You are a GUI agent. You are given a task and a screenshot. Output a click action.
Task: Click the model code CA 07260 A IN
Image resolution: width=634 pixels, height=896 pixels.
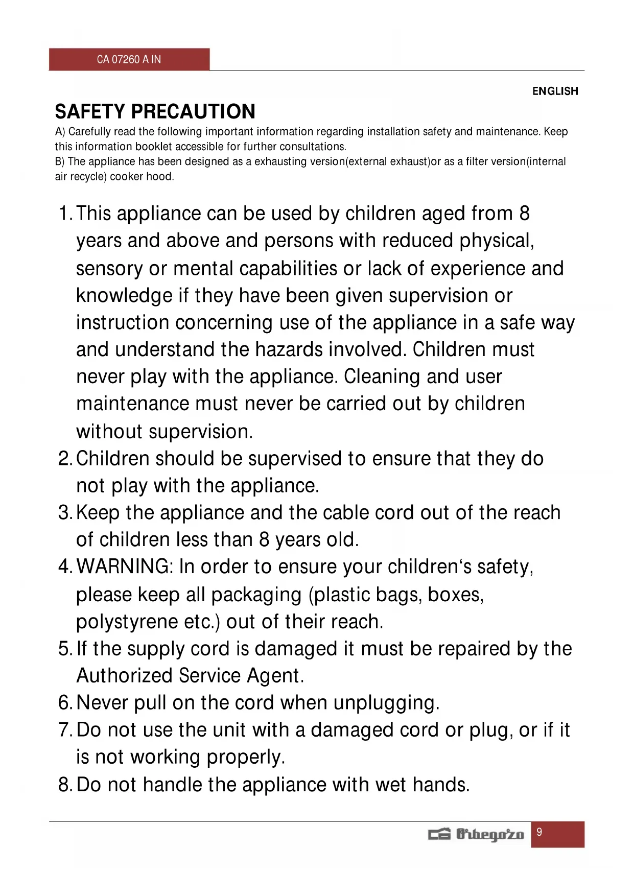pyautogui.click(x=129, y=59)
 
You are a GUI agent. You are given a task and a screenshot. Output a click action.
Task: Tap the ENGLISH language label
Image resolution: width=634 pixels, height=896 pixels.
pyautogui.click(x=555, y=91)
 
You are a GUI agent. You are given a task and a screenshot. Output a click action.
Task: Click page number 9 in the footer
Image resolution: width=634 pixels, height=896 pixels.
pyautogui.click(x=539, y=832)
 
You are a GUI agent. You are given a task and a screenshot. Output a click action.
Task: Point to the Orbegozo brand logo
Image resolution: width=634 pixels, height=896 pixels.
pyautogui.click(x=476, y=834)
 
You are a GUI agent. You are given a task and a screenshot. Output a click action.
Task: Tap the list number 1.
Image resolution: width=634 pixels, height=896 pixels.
pyautogui.click(x=64, y=214)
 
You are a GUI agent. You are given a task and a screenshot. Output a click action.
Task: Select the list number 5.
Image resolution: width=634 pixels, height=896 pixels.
pyautogui.click(x=64, y=649)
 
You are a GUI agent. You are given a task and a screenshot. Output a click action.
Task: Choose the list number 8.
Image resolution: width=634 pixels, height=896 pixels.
pyautogui.click(x=64, y=785)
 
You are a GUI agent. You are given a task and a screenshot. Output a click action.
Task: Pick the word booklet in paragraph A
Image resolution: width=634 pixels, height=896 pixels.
pyautogui.click(x=154, y=147)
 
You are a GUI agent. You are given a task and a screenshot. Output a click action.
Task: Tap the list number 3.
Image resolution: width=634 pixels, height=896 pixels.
pyautogui.click(x=64, y=512)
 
